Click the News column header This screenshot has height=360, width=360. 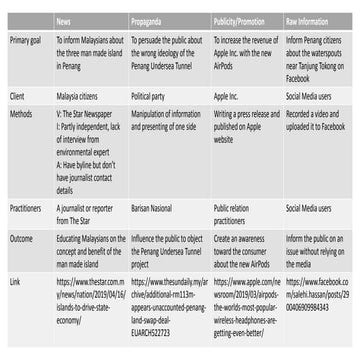[64, 19]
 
